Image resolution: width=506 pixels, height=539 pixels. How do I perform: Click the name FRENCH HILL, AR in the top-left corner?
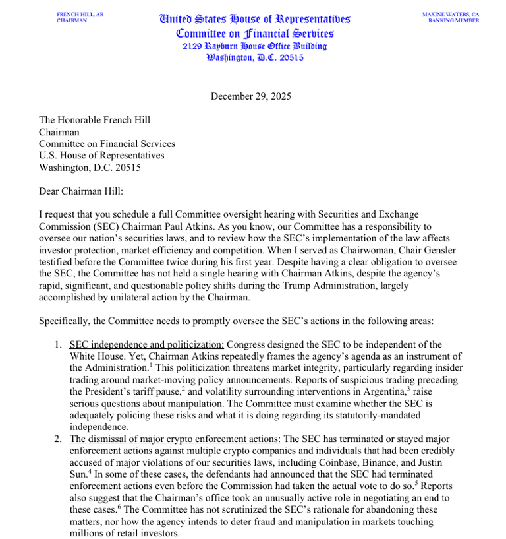point(80,14)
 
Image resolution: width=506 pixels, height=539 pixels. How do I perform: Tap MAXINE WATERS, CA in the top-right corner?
point(451,14)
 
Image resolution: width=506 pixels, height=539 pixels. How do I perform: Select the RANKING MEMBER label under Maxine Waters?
point(453,20)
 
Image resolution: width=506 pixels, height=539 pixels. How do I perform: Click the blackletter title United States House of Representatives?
point(254,19)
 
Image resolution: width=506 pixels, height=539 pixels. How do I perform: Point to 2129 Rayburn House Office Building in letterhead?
point(254,46)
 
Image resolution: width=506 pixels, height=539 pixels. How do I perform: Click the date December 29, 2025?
point(250,96)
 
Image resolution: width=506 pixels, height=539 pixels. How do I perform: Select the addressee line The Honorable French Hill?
point(94,120)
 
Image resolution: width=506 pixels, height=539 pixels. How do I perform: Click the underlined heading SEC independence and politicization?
point(146,345)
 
